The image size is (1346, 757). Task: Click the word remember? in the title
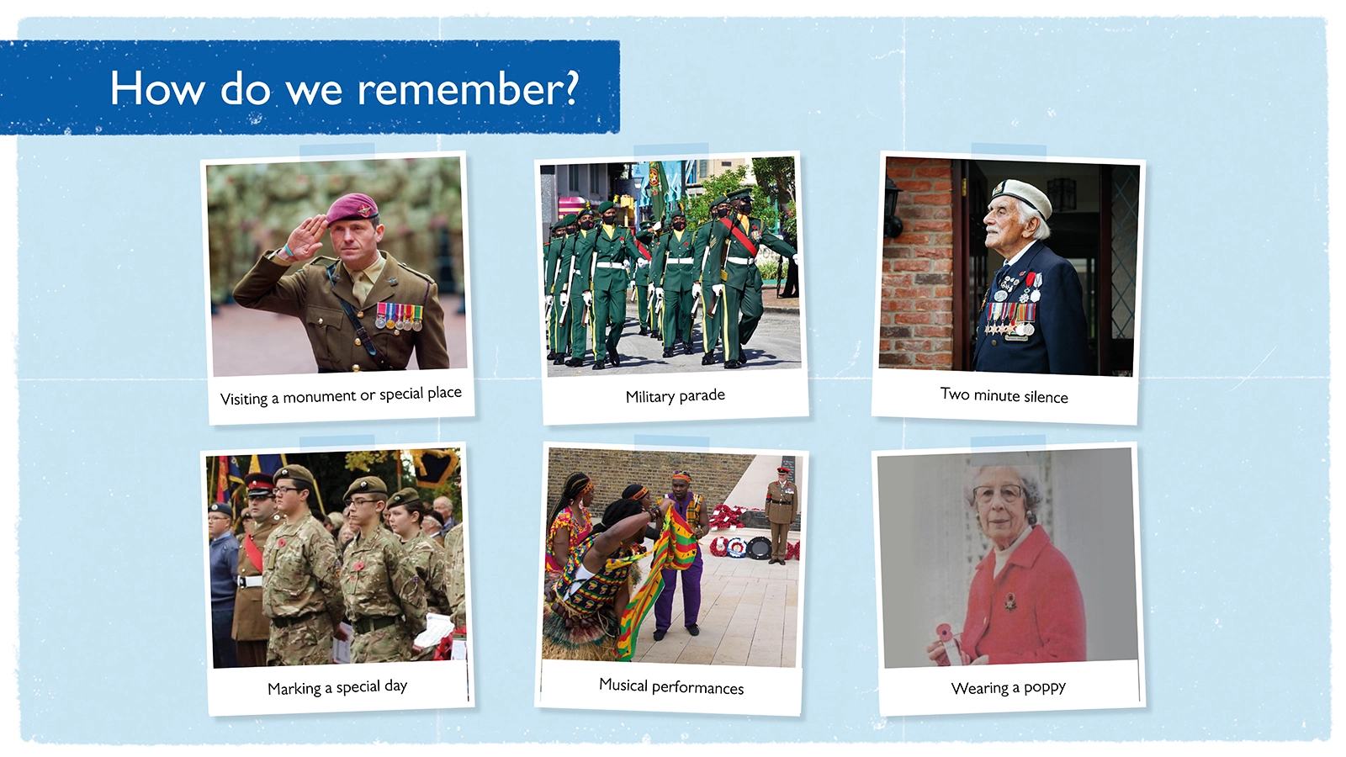[x=468, y=88]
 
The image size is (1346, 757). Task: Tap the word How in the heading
[x=156, y=88]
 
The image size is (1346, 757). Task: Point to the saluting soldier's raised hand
[x=306, y=236]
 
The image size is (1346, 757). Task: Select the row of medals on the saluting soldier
[x=400, y=316]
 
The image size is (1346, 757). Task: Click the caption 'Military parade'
[x=675, y=396]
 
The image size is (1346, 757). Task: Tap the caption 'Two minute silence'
[x=1004, y=395]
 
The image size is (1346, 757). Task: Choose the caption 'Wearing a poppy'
[x=1009, y=687]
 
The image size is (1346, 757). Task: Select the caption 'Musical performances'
[x=671, y=686]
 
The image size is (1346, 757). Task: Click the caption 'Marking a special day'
[x=337, y=687]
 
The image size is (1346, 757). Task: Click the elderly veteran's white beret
[x=1021, y=195]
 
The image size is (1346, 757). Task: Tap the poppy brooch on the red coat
[x=1010, y=601]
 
